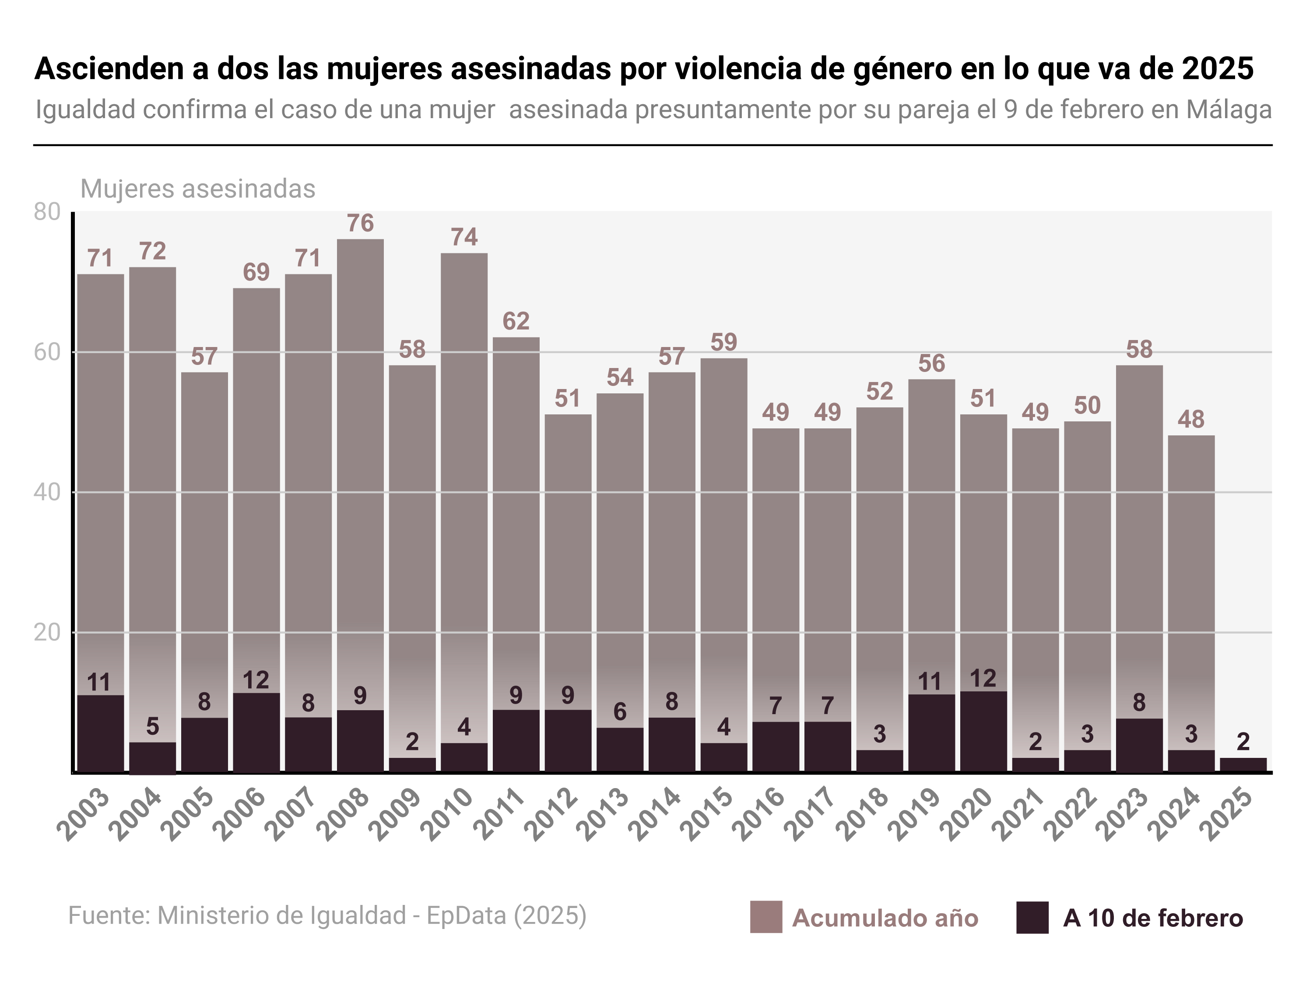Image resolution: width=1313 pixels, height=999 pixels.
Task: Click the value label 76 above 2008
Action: (360, 223)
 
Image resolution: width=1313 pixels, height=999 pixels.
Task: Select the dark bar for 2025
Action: (1243, 765)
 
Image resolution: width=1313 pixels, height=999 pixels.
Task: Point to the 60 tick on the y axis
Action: (48, 352)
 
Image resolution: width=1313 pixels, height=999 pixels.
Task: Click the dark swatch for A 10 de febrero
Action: (1032, 918)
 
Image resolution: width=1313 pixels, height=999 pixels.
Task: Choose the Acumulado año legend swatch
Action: (765, 918)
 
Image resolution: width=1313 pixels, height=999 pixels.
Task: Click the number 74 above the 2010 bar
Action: (464, 237)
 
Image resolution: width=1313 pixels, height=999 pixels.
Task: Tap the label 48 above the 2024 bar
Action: (1191, 420)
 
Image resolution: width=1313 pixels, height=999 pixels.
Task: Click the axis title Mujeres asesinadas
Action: (197, 189)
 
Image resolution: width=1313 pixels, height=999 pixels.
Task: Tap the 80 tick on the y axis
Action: (48, 212)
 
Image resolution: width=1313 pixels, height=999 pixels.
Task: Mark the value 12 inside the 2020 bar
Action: (983, 679)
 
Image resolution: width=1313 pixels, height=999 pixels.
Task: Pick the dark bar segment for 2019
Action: (931, 733)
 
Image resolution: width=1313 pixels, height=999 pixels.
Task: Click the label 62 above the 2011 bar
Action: (516, 321)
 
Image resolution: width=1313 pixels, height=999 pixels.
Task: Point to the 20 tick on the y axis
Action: (48, 633)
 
